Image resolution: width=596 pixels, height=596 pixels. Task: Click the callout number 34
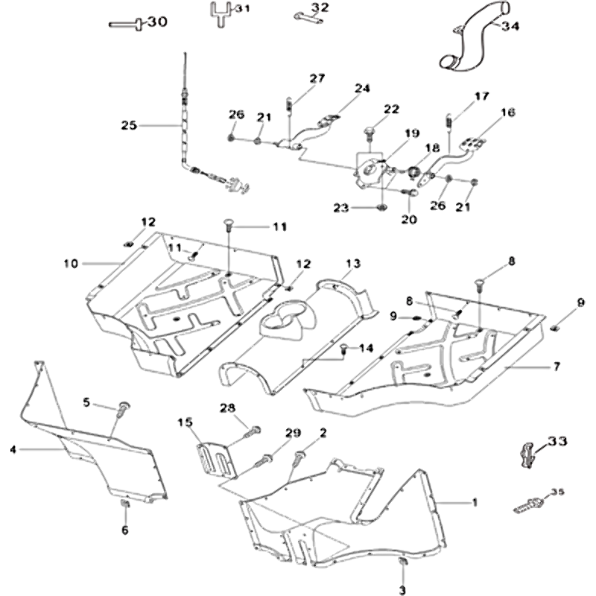pos(511,26)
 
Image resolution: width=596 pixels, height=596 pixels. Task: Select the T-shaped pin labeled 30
pos(127,24)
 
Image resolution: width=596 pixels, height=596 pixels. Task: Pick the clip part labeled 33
pos(527,451)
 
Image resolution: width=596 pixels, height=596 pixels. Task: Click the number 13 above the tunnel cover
pos(352,264)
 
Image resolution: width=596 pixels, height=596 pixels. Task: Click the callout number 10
pos(71,263)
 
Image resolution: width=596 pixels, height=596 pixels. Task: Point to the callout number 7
pos(556,366)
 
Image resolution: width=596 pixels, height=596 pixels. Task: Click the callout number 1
pos(475,502)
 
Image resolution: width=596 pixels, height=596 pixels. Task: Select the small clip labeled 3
pos(403,561)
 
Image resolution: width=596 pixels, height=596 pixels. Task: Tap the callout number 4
pos(13,449)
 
